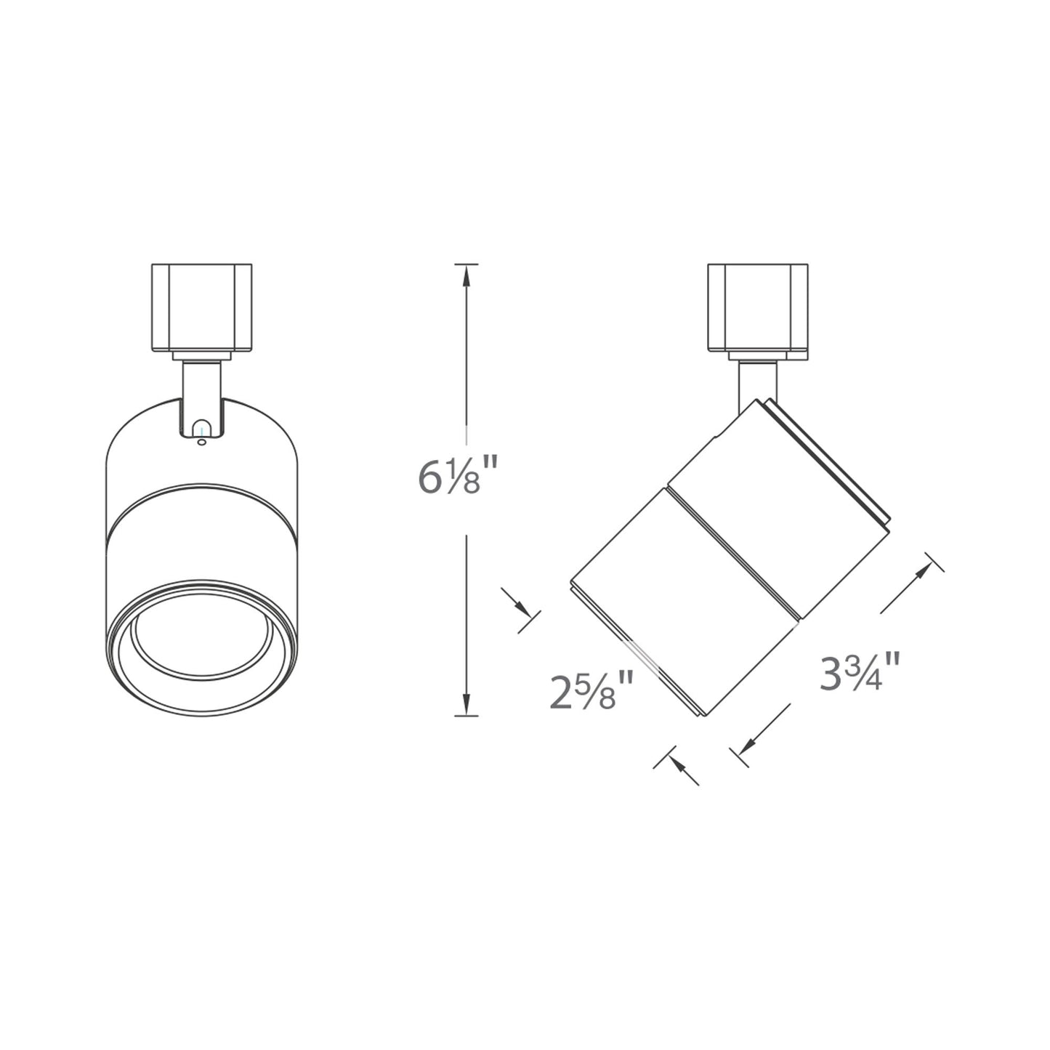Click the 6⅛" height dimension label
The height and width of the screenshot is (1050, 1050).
448,477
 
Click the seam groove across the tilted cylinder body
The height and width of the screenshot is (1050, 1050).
734,552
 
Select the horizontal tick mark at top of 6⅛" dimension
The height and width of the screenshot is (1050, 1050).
466,264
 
